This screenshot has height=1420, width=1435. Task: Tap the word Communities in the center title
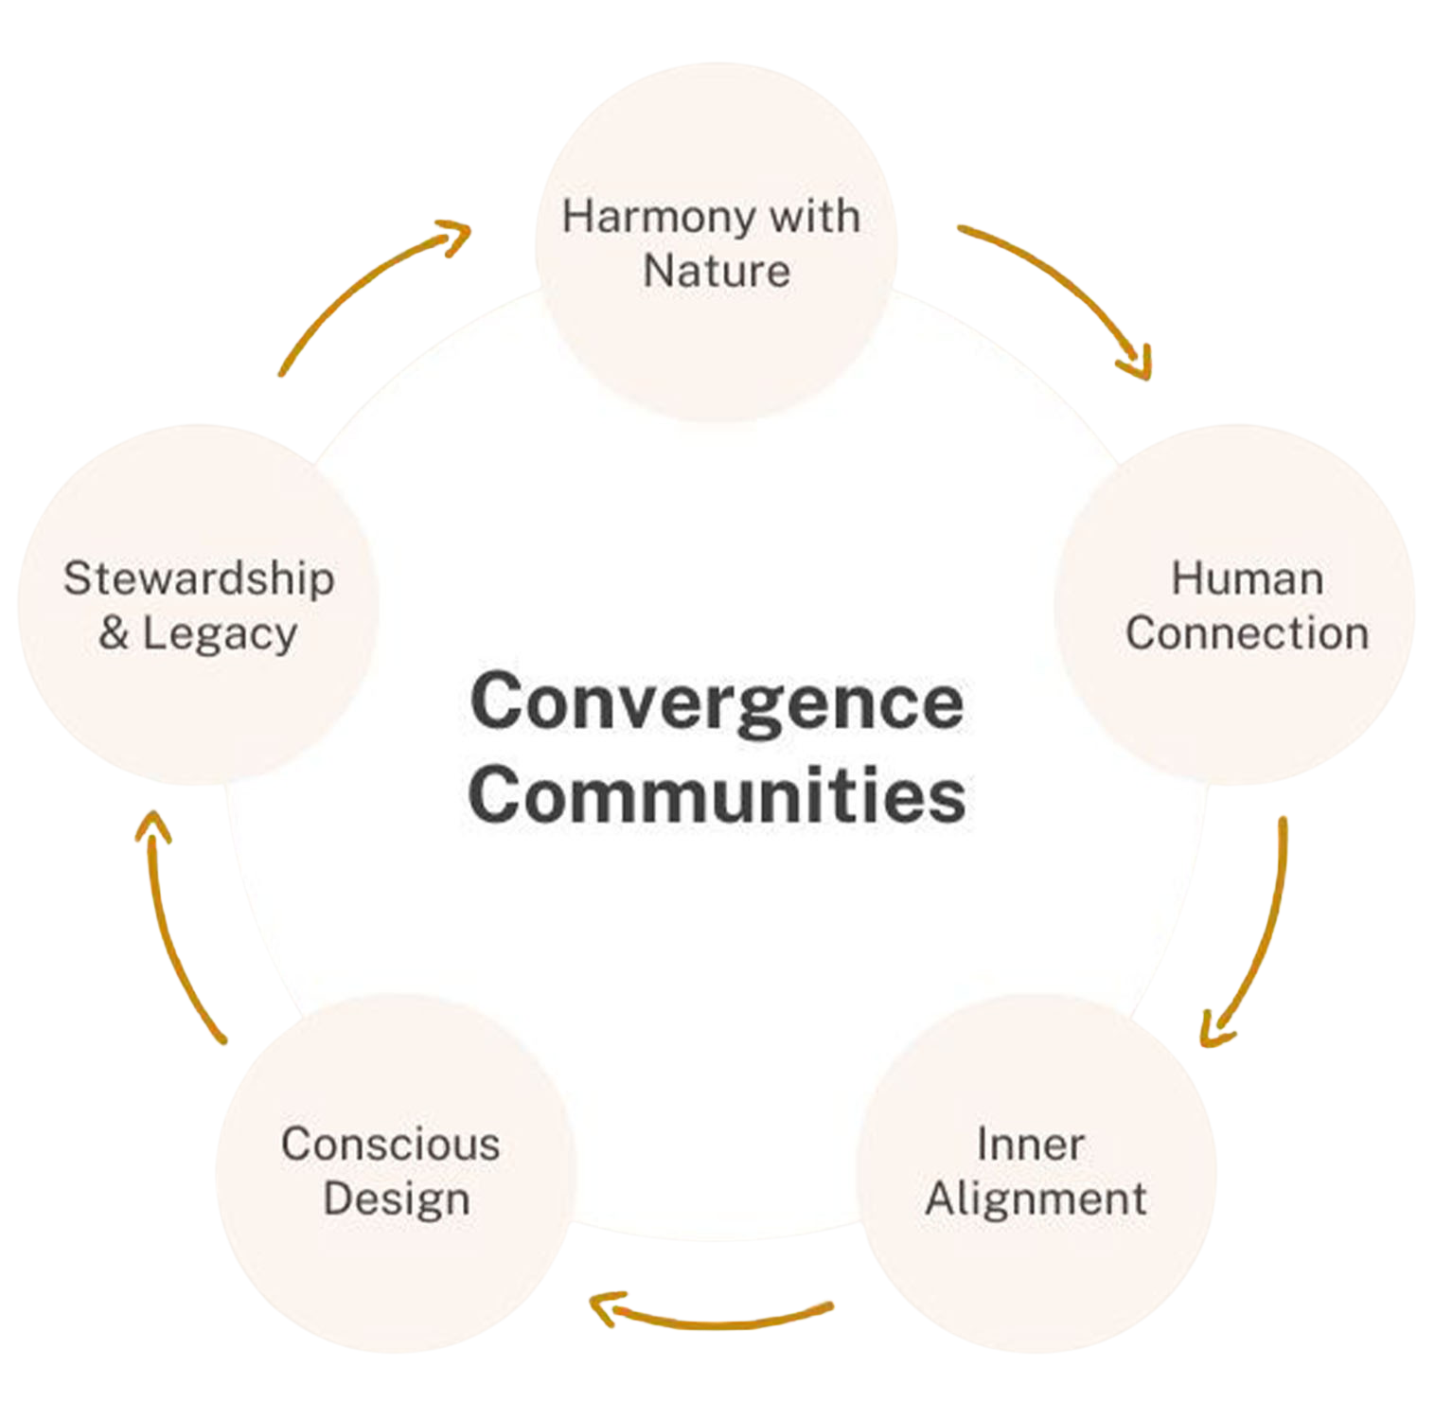(x=717, y=795)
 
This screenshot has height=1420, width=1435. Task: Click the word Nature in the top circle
(x=717, y=272)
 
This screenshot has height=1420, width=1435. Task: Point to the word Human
(x=1247, y=579)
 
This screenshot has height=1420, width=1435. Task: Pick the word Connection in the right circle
(x=1247, y=633)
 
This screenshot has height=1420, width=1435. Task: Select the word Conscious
(x=390, y=1145)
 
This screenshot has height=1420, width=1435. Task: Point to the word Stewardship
(x=199, y=579)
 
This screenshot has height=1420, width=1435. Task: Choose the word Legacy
(x=220, y=634)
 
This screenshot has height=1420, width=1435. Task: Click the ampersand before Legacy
(x=113, y=633)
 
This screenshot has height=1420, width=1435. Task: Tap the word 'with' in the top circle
(x=814, y=217)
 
